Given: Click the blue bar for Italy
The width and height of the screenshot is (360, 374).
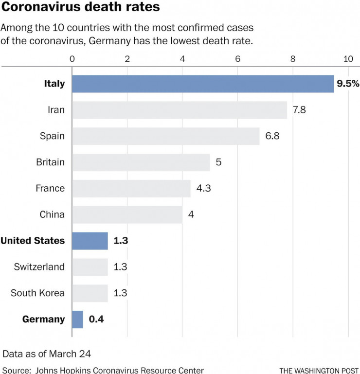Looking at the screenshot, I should (x=203, y=84).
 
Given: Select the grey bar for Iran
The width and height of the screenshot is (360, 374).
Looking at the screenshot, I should (x=180, y=110).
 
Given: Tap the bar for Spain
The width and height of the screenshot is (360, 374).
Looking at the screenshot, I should (x=166, y=136).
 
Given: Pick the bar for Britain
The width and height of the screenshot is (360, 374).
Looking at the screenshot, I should (x=141, y=162).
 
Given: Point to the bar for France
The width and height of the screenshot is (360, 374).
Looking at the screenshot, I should (x=131, y=188).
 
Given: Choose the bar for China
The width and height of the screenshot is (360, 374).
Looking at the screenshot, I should (x=127, y=214).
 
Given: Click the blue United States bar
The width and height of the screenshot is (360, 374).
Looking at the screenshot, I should (x=90, y=241).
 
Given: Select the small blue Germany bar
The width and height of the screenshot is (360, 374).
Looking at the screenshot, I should (x=78, y=320).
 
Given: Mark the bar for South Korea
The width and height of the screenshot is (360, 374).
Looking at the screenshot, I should (x=90, y=293).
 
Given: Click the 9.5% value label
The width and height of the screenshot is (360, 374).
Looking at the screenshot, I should (x=348, y=84).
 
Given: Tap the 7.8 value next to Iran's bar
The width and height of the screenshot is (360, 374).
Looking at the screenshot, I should (x=299, y=110).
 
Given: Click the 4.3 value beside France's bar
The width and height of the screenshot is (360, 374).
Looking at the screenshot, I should (x=204, y=188).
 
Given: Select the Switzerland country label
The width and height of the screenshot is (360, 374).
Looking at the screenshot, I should (x=39, y=267).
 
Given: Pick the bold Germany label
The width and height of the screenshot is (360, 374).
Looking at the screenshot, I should (x=43, y=320).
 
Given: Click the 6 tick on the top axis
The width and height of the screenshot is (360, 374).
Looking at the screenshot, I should (x=238, y=59).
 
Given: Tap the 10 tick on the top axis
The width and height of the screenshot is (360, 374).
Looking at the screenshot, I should (x=348, y=59).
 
